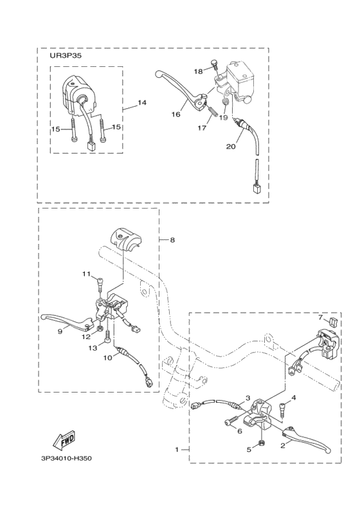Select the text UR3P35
(x=61, y=55)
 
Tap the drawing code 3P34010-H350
(x=66, y=459)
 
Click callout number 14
(x=141, y=102)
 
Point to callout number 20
(x=231, y=147)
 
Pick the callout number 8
(x=172, y=240)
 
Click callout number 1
(x=177, y=450)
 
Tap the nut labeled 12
(x=100, y=330)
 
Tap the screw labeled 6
(x=231, y=421)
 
